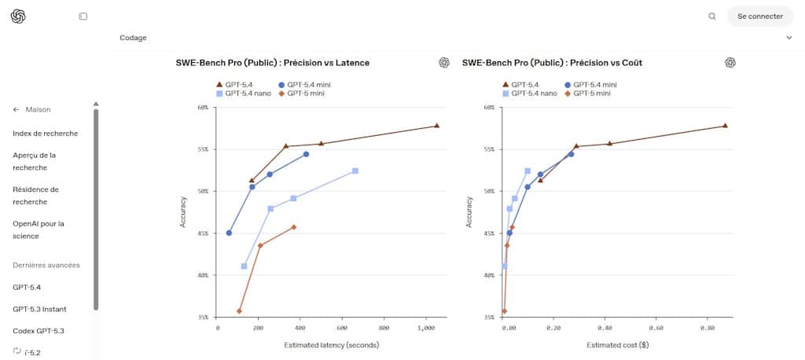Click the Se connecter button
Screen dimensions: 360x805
click(x=760, y=16)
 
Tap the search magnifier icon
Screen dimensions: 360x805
click(x=712, y=16)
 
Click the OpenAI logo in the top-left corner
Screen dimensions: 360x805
click(x=19, y=16)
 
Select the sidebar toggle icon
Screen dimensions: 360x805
click(x=83, y=16)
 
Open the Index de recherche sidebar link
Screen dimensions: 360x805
click(x=45, y=134)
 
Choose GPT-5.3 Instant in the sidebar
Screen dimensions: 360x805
click(x=39, y=309)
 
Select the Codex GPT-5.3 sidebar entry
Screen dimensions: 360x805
click(x=39, y=331)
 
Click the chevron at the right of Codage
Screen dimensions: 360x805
click(x=789, y=38)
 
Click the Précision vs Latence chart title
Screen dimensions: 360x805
click(x=273, y=63)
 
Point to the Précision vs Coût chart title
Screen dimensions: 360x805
click(x=553, y=63)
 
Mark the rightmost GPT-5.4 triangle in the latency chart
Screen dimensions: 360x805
click(x=437, y=126)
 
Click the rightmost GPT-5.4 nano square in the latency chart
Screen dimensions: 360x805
click(x=355, y=171)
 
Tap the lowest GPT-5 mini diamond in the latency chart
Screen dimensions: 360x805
click(x=239, y=311)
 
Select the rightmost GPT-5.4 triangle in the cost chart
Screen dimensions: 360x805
click(x=725, y=126)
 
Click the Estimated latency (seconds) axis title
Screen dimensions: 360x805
click(x=331, y=345)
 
